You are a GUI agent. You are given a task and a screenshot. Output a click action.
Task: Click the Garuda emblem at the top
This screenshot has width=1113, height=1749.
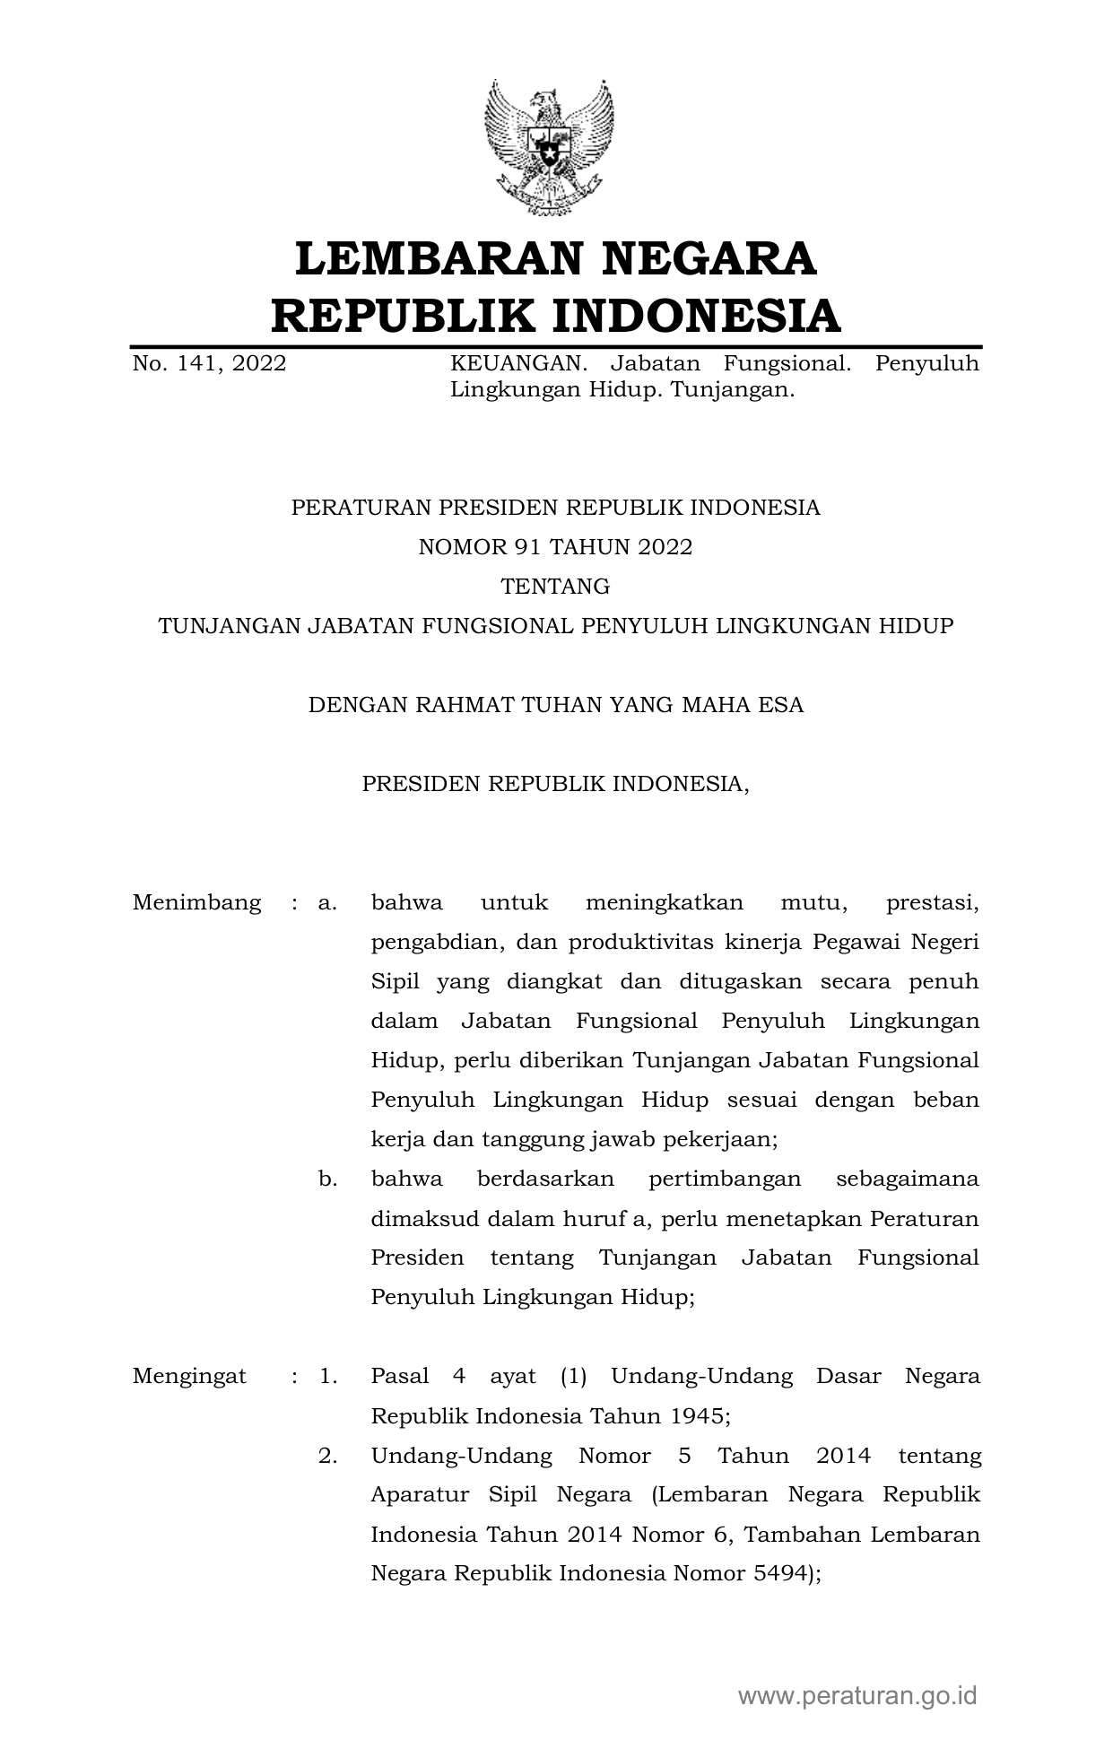tap(548, 147)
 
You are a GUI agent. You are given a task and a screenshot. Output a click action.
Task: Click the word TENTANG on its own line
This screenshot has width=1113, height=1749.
tap(555, 587)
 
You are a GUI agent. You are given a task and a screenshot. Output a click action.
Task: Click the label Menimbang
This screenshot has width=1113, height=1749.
tap(196, 902)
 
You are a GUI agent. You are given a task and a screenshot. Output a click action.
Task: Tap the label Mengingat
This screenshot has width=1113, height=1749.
tap(189, 1376)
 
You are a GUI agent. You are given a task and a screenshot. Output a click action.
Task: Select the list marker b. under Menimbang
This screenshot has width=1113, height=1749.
tap(327, 1179)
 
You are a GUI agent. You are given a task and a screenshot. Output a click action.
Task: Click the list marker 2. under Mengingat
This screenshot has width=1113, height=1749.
tap(327, 1455)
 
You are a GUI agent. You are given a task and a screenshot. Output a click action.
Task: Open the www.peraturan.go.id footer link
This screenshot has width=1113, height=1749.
tap(856, 1694)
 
